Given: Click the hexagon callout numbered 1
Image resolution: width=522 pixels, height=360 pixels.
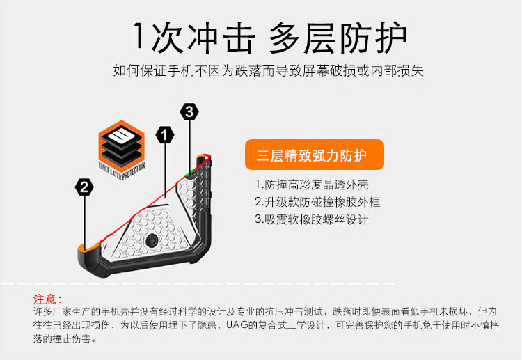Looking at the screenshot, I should pyautogui.click(x=165, y=134).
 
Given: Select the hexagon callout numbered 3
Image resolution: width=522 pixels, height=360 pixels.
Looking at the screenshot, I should pyautogui.click(x=189, y=111).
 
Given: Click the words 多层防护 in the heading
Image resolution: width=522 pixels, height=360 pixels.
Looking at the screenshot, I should pyautogui.click(x=338, y=38).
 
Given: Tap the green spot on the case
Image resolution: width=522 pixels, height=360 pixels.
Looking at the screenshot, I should pyautogui.click(x=189, y=171).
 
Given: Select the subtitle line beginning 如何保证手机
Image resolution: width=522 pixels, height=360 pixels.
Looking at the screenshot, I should pyautogui.click(x=269, y=71).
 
